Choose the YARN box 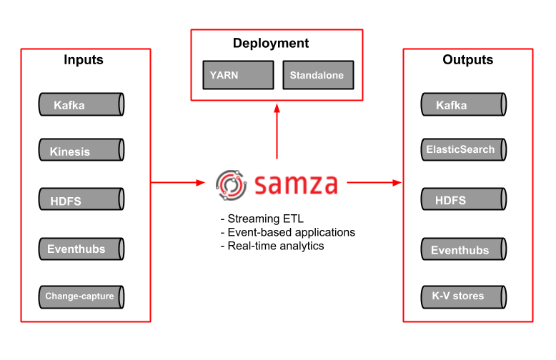click(x=238, y=75)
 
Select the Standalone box click(x=317, y=75)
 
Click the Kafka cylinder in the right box click(x=463, y=105)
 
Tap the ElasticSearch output click(x=463, y=150)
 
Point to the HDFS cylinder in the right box click(x=463, y=200)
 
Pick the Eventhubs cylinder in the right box click(x=463, y=250)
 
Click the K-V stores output click(x=463, y=296)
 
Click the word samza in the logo click(x=295, y=184)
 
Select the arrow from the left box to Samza click(x=178, y=183)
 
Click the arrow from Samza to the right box click(x=374, y=183)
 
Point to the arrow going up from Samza click(x=277, y=132)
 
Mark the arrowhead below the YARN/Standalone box click(x=277, y=108)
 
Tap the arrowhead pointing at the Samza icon click(x=201, y=183)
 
